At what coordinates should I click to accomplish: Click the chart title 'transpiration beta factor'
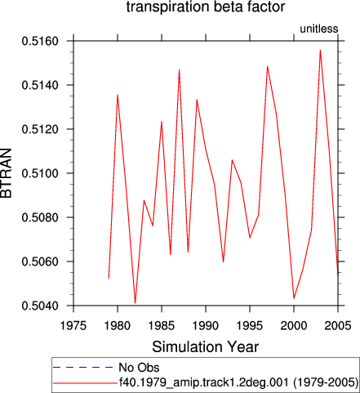[206, 7]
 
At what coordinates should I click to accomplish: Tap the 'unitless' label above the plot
[319, 29]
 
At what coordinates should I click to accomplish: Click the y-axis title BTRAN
[7, 173]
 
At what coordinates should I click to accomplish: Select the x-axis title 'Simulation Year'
[206, 346]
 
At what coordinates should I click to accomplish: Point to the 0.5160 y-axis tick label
[40, 41]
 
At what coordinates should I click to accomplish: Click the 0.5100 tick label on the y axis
[40, 173]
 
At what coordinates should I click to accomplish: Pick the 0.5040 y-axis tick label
[40, 306]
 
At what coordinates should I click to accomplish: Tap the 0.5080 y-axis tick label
[40, 217]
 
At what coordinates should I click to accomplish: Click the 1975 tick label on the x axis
[73, 326]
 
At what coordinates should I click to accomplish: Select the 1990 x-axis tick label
[206, 326]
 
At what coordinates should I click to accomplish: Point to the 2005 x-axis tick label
[338, 326]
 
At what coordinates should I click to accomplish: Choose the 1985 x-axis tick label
[162, 326]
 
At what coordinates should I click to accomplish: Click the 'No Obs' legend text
[139, 368]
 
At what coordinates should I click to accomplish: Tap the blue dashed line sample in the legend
[83, 368]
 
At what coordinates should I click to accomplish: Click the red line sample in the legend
[85, 383]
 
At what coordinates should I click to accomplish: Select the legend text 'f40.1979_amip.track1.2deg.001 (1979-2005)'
[238, 382]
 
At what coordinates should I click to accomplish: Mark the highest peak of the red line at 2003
[320, 50]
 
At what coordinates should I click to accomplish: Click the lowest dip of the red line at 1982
[136, 303]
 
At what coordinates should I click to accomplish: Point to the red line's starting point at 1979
[109, 279]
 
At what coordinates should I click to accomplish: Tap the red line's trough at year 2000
[294, 298]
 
